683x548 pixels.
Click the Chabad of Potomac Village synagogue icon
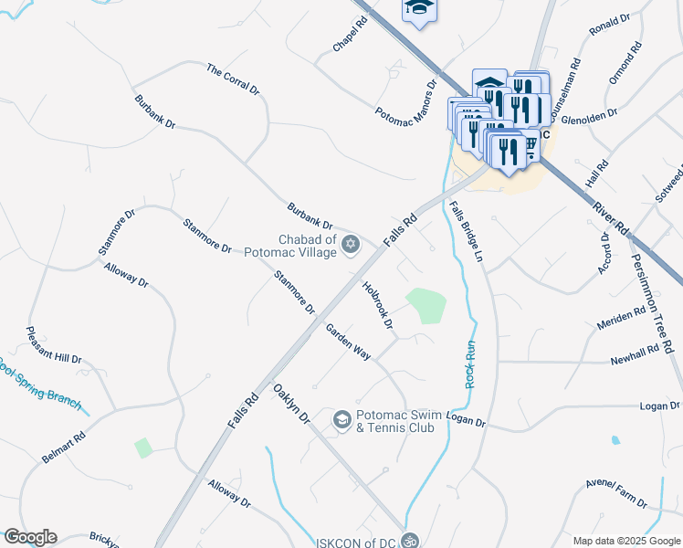tap(351, 244)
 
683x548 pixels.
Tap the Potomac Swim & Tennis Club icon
tap(342, 419)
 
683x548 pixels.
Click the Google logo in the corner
tap(29, 537)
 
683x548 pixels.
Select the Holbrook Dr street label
tap(377, 304)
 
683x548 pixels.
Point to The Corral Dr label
tap(234, 80)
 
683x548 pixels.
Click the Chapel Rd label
tap(350, 36)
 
